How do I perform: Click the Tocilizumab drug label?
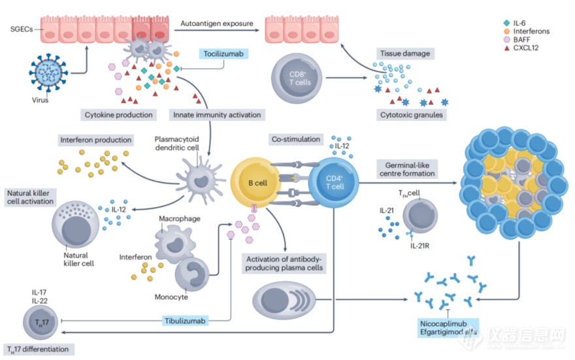223,54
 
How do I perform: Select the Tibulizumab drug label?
185,321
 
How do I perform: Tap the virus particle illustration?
48,73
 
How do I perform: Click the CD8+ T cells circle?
297,78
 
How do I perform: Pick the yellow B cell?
255,183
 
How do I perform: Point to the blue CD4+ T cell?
333,182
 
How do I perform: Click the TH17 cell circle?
41,323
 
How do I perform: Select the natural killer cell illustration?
75,224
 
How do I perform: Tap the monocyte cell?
192,274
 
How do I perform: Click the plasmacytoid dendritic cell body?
200,180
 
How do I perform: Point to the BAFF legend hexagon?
507,40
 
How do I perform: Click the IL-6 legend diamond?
507,23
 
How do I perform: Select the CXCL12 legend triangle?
507,48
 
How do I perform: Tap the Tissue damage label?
405,54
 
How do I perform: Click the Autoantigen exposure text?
217,24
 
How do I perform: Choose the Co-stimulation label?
296,139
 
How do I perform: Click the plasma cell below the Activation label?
284,301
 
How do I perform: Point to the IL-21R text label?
420,246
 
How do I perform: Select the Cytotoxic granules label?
412,115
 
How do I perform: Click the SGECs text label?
22,29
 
